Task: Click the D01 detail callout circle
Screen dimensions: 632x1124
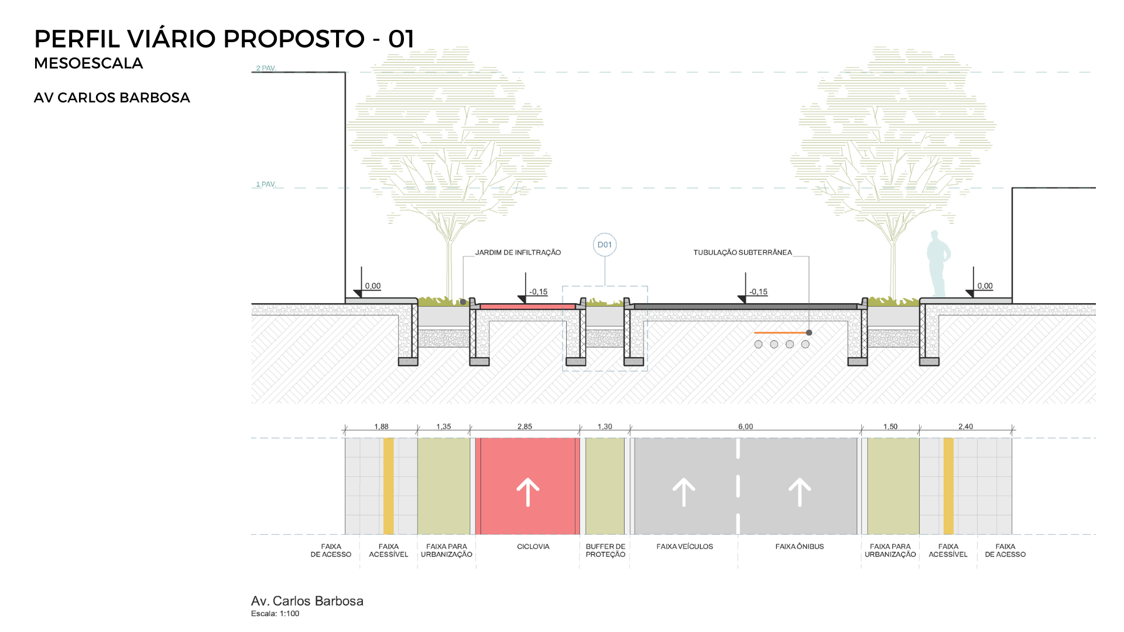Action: [605, 245]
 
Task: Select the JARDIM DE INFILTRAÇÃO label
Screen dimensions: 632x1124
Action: [518, 252]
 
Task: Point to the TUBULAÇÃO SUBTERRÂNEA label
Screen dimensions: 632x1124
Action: [742, 252]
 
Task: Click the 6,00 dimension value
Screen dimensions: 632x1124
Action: [745, 427]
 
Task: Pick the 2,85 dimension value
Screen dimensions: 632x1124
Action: [525, 427]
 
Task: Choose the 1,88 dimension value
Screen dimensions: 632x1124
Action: [381, 427]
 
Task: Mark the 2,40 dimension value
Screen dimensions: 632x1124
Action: [965, 427]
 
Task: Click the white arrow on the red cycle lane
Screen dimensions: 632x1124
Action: [527, 492]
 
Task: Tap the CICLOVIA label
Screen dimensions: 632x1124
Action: [533, 547]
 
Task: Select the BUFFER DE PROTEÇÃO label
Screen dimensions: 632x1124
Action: [605, 550]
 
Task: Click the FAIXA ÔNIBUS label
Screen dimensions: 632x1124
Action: [799, 547]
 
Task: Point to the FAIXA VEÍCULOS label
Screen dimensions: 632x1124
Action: [684, 547]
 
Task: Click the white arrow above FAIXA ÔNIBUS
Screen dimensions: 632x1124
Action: [799, 492]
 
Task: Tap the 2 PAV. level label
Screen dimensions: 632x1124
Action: [266, 68]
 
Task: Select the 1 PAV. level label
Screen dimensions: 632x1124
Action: [266, 184]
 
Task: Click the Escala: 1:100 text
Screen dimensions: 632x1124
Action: [275, 614]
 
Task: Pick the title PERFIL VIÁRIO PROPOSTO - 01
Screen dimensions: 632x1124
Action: [224, 39]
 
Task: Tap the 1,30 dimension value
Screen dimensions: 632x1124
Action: [605, 427]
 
